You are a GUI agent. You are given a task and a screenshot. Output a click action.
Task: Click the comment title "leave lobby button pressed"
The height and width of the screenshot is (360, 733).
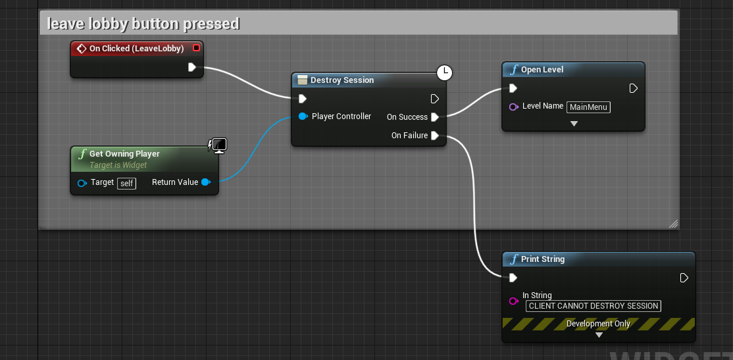[x=143, y=24]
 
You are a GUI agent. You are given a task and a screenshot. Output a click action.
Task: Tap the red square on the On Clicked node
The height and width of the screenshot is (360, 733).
[x=196, y=48]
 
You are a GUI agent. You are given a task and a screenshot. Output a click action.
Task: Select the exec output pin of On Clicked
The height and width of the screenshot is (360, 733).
[x=191, y=67]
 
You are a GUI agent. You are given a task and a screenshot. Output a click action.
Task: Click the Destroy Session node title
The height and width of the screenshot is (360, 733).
[x=342, y=80]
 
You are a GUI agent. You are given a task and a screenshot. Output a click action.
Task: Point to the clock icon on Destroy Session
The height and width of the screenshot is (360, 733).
[x=445, y=72]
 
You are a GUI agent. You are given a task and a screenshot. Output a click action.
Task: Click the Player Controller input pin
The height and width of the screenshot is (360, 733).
[x=303, y=116]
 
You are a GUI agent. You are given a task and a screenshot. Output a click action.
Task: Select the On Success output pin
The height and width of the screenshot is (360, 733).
[x=435, y=117]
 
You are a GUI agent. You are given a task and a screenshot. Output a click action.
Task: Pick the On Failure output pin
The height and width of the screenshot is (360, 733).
[x=435, y=136]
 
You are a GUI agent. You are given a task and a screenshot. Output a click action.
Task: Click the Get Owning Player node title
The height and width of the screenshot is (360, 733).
[x=124, y=154]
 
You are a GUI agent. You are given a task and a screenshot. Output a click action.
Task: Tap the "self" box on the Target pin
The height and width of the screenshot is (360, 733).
[x=126, y=183]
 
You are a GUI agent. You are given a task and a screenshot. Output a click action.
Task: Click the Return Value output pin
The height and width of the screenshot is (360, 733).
[x=206, y=182]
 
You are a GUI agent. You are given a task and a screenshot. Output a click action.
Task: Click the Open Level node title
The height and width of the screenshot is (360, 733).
[x=542, y=70]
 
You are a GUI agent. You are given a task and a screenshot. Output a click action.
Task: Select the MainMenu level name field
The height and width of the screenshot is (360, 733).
[x=589, y=107]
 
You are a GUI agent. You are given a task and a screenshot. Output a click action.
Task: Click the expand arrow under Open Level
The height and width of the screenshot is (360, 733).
[x=574, y=124]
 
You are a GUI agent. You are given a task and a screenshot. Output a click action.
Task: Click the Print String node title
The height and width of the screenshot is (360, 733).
[x=542, y=259]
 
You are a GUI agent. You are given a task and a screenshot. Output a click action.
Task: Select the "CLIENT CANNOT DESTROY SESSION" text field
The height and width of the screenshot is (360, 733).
[x=594, y=305]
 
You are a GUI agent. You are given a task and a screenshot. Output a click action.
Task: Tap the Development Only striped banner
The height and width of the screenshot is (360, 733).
[x=598, y=324]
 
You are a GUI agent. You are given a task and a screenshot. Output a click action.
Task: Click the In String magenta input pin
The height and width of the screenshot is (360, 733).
[x=514, y=301]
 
